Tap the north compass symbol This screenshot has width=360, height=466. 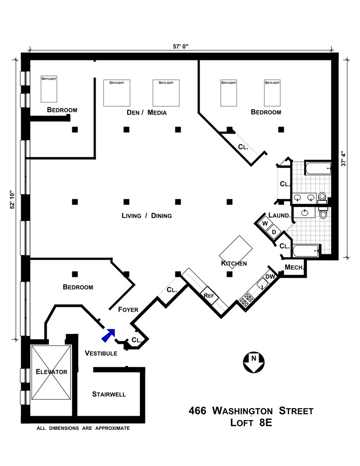coord(253,362)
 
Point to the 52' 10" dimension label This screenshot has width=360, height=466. coord(13,202)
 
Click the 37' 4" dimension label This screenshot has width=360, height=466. coord(346,156)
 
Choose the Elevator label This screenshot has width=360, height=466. coord(52,372)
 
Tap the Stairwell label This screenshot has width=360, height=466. coord(109,394)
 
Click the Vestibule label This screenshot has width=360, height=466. coord(100,353)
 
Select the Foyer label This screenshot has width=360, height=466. coord(128,309)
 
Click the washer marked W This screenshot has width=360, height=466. coord(265,224)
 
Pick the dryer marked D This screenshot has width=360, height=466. coord(274,232)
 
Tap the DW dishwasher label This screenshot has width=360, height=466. coord(270,276)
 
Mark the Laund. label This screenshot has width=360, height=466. coord(279,216)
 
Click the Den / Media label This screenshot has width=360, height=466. coord(146,112)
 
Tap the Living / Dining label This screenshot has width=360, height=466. coord(146,216)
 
